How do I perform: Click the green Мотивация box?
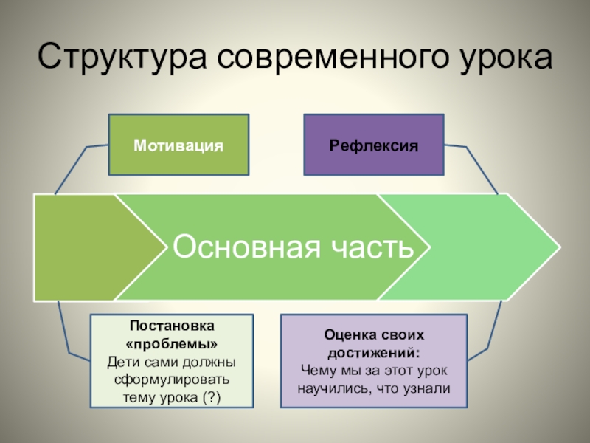(178, 145)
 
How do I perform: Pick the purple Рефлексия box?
(374, 145)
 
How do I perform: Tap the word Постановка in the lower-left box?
(172, 326)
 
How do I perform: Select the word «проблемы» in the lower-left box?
(172, 343)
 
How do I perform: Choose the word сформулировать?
(172, 380)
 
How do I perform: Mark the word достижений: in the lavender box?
(374, 352)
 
